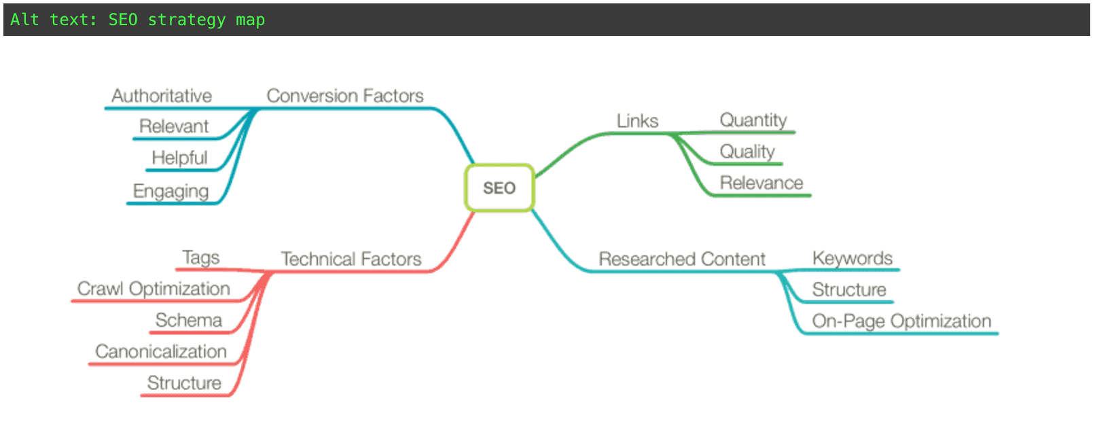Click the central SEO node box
point(499,188)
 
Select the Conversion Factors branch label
point(344,96)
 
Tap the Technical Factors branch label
point(351,259)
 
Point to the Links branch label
point(637,121)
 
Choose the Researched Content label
point(681,259)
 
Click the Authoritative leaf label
point(162,96)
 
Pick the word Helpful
point(179,158)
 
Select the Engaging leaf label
point(170,191)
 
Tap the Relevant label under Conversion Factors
point(174,126)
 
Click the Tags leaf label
point(200,257)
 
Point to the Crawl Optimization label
point(154,289)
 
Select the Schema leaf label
point(188,320)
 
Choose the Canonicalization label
point(161,351)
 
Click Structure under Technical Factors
point(184,383)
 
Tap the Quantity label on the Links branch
point(753,120)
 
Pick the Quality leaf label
point(747,151)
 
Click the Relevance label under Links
point(761,183)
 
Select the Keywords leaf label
point(852,258)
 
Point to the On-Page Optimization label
point(901,321)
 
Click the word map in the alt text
point(250,20)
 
